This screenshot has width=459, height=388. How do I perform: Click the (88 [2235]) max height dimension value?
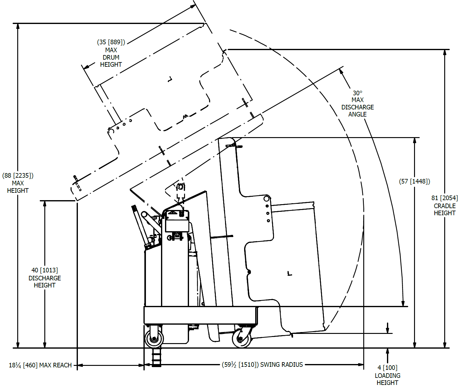coord(18,176)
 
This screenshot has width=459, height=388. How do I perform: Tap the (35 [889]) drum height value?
coord(111,42)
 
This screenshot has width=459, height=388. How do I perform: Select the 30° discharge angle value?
coord(357,93)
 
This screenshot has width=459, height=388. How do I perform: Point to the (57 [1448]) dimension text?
coord(414,181)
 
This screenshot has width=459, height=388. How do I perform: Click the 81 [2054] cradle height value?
coord(445,198)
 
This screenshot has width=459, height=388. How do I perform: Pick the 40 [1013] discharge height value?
coord(45,270)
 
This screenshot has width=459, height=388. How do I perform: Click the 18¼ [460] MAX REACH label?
coord(40,365)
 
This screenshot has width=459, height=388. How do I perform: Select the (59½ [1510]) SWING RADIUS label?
coord(262,365)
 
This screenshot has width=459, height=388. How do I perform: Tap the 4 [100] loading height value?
coord(388,368)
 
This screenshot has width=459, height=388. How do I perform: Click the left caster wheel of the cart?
coord(154,339)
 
